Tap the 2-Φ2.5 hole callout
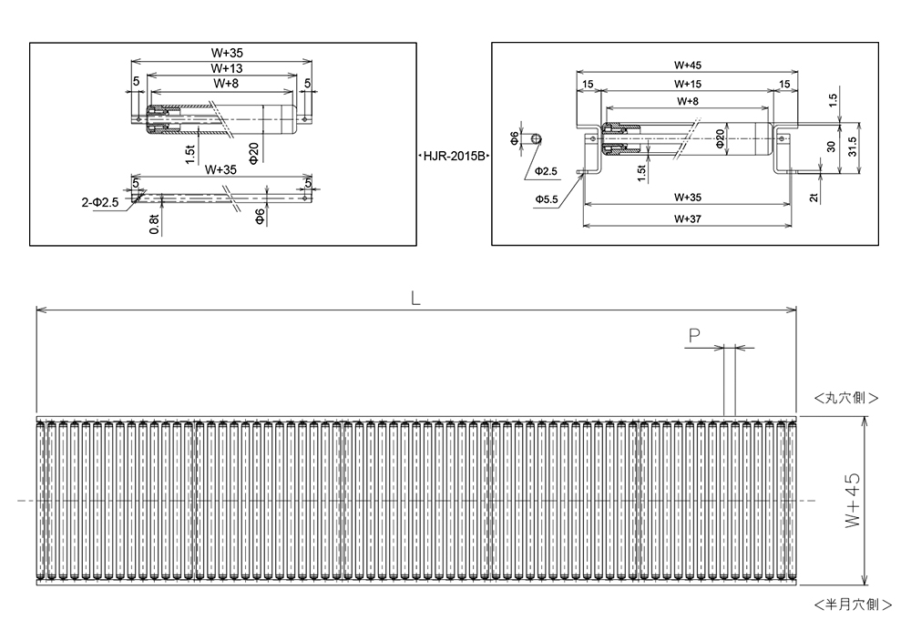100,202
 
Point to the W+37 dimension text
687,218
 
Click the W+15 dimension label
687,84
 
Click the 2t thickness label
814,192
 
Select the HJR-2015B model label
453,157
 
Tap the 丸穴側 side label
846,398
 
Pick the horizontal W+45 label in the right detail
687,65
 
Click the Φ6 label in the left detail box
261,216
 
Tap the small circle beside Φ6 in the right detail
537,138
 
